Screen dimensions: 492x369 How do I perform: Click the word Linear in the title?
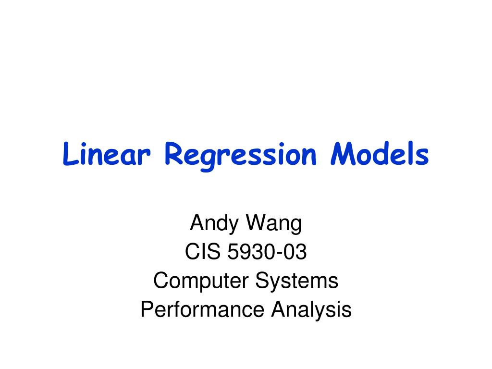(107, 154)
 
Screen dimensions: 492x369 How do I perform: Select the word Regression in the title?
(241, 156)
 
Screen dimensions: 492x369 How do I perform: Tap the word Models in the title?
(380, 154)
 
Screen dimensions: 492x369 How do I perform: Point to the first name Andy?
(214, 224)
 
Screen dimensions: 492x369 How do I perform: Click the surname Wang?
(274, 224)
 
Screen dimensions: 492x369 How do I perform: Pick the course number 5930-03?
(267, 252)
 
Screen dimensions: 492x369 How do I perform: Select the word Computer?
(201, 281)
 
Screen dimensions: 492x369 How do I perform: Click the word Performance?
(202, 310)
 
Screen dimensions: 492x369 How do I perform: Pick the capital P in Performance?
(148, 309)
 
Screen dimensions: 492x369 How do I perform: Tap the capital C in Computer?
(162, 281)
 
